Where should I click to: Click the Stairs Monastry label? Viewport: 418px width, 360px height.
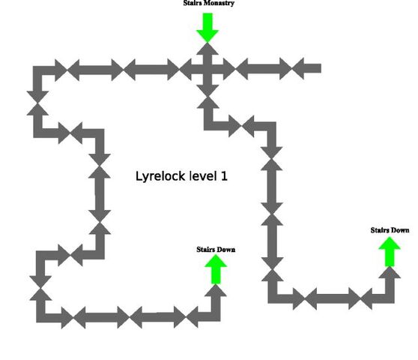pyautogui.click(x=209, y=3)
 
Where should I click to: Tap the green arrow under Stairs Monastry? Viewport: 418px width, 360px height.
pyautogui.click(x=208, y=28)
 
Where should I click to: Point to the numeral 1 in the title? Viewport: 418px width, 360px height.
pyautogui.click(x=224, y=176)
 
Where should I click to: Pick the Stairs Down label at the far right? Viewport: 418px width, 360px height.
pyautogui.click(x=390, y=230)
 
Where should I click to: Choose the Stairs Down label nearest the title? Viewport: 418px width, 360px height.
pyautogui.click(x=216, y=250)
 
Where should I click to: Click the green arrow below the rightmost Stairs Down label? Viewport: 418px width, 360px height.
pyautogui.click(x=390, y=252)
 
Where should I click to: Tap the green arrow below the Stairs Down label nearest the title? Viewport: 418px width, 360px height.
pyautogui.click(x=216, y=269)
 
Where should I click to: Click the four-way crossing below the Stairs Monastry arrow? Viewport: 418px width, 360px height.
pyautogui.click(x=208, y=70)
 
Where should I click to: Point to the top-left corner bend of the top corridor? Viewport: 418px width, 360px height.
pyautogui.click(x=37, y=70)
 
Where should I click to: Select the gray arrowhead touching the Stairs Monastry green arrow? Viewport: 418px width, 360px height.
pyautogui.click(x=208, y=49)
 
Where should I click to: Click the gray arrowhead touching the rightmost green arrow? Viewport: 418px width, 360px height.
pyautogui.click(x=390, y=273)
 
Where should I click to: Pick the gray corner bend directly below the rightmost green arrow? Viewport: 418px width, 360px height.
pyautogui.click(x=390, y=298)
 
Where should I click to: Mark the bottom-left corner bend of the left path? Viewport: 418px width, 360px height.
pyautogui.click(x=40, y=318)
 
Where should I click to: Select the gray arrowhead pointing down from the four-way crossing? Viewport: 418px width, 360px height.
pyautogui.click(x=208, y=91)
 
